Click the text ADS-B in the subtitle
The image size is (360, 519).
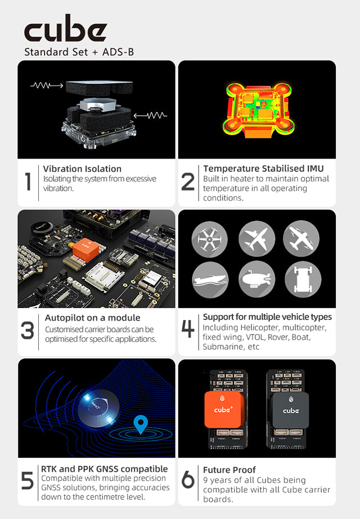tap(118, 52)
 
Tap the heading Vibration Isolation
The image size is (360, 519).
tap(82, 169)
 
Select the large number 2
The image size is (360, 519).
tap(188, 182)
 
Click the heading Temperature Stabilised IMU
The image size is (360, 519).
tap(263, 169)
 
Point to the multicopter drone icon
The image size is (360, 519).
tap(210, 239)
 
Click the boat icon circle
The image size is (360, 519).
tap(210, 279)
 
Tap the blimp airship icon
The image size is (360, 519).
tap(256, 279)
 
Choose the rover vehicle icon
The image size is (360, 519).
tap(303, 279)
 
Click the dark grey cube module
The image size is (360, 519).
tap(290, 410)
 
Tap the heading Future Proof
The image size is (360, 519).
tap(229, 470)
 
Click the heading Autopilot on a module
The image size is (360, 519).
tap(92, 318)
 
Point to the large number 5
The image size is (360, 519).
tap(28, 481)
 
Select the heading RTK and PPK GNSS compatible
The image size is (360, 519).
tap(104, 469)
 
